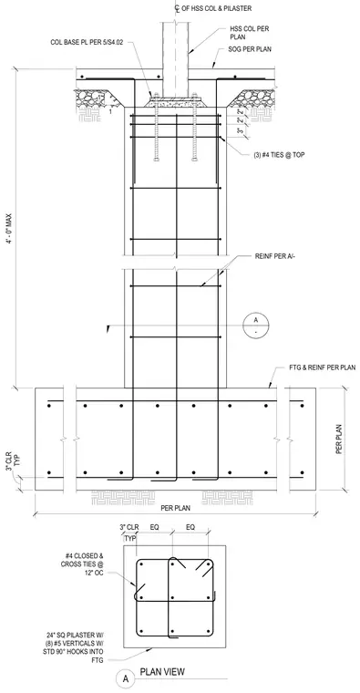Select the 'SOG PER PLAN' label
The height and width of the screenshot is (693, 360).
250,49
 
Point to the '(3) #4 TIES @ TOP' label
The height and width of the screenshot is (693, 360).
279,155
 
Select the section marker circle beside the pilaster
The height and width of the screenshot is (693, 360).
256,326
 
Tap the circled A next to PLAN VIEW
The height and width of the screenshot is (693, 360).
126,678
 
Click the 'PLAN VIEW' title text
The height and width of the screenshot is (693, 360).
162,672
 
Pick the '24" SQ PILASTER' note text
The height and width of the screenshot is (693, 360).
77,647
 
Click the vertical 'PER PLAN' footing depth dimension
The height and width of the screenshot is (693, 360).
339,440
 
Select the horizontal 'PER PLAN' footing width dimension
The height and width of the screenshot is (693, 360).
175,508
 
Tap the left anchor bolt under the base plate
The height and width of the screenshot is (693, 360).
156,129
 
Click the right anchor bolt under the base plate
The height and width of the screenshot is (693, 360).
194,129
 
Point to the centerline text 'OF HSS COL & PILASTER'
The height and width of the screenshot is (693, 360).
216,8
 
